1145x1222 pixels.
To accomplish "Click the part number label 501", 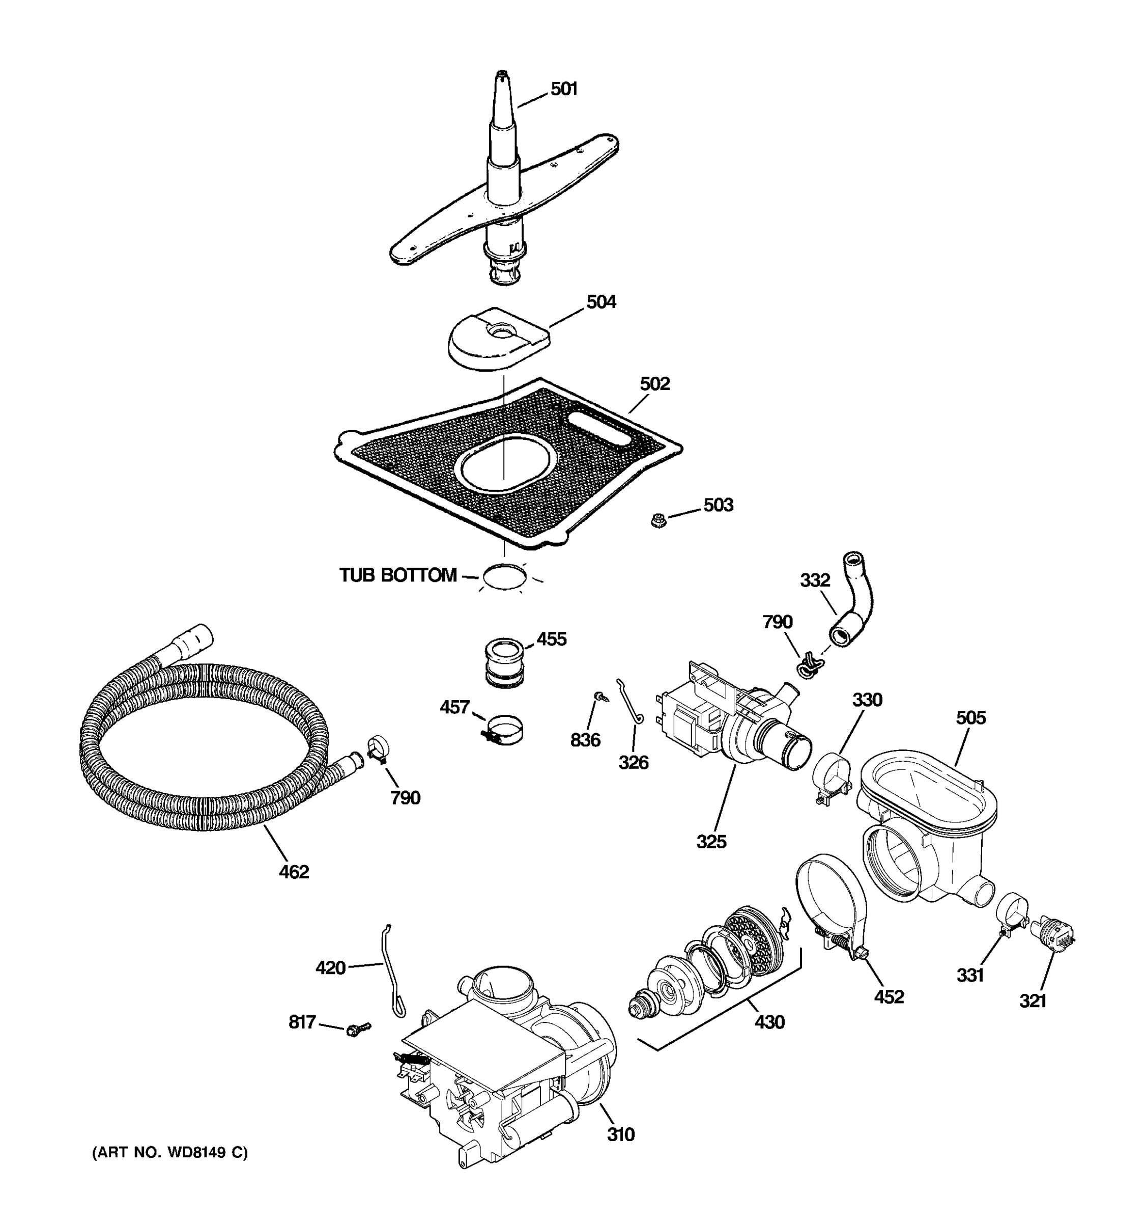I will [x=563, y=89].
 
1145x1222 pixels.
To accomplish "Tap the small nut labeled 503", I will [x=659, y=522].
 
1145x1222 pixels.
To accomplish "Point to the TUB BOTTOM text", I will [x=398, y=575].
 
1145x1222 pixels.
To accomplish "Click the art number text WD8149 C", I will [x=170, y=1153].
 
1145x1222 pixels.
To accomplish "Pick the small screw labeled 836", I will [x=597, y=696].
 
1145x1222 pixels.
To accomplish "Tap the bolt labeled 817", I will [x=358, y=1029].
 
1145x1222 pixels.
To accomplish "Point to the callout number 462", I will [x=294, y=872].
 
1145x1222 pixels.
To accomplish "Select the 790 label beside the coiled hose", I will [x=405, y=798].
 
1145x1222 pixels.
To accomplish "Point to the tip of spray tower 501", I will [x=502, y=74].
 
